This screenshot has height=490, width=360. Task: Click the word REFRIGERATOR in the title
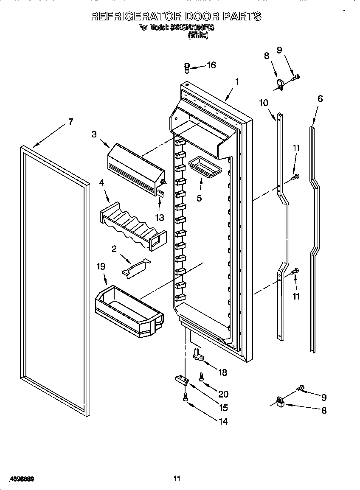click(135, 17)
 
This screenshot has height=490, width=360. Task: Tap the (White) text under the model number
click(198, 36)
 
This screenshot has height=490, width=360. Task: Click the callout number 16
click(211, 65)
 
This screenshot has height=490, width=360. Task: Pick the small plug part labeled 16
click(186, 66)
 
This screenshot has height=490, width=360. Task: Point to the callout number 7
click(70, 122)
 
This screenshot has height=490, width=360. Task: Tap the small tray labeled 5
click(205, 165)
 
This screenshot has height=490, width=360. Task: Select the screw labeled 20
click(200, 376)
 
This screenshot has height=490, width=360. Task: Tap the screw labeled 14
click(185, 396)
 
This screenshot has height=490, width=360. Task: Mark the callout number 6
click(320, 98)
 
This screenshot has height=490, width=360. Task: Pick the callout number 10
click(264, 102)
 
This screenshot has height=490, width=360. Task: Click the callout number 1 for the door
click(237, 81)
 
